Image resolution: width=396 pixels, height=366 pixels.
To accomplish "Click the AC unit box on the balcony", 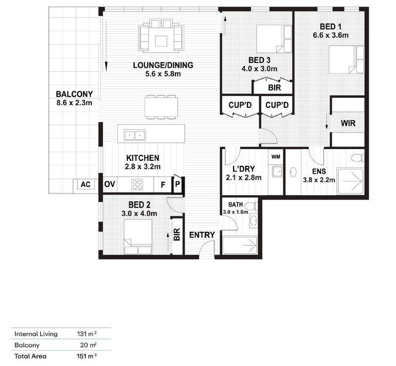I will click(x=86, y=185).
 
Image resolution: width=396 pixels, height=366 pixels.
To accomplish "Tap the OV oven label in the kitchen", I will click(x=110, y=185).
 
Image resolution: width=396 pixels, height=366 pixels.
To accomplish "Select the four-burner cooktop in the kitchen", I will click(x=137, y=185).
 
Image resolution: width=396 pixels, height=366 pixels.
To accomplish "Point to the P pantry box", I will click(x=177, y=185).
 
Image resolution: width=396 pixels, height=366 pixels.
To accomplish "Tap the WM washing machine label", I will click(x=276, y=157).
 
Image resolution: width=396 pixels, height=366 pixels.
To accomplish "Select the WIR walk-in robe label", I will click(x=348, y=123).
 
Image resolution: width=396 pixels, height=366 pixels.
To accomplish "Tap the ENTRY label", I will click(x=202, y=235).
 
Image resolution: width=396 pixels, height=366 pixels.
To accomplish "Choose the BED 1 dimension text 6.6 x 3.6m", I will click(x=331, y=35).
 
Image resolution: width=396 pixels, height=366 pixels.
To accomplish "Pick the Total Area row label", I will click(x=30, y=356).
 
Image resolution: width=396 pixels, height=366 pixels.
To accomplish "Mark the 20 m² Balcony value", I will click(x=89, y=345).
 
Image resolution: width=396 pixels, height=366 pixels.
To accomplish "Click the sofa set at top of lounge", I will click(x=161, y=35).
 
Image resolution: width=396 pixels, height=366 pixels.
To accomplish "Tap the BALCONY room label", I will click(x=73, y=94).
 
